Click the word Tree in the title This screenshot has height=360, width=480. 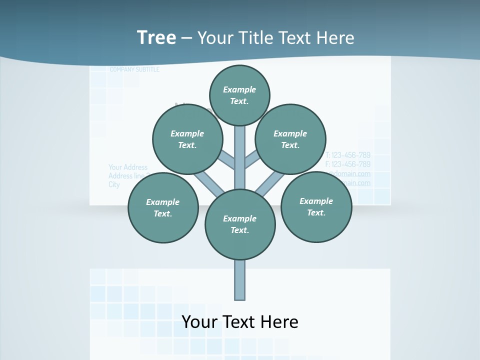(x=156, y=37)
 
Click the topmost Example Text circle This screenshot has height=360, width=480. (x=239, y=95)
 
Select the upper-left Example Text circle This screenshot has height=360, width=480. (x=187, y=139)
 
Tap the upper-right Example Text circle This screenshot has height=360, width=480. (x=290, y=139)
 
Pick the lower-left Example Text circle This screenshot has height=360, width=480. (x=163, y=207)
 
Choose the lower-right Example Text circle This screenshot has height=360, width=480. (x=316, y=206)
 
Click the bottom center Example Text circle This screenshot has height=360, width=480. (x=240, y=224)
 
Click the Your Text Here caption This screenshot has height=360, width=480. (x=240, y=321)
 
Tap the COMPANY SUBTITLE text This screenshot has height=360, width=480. (x=134, y=69)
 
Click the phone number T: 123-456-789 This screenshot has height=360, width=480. (x=348, y=155)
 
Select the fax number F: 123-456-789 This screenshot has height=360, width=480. (x=348, y=164)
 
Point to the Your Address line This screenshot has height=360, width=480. (x=128, y=167)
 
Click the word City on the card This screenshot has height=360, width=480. (x=114, y=184)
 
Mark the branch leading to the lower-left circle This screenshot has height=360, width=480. (x=207, y=181)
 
